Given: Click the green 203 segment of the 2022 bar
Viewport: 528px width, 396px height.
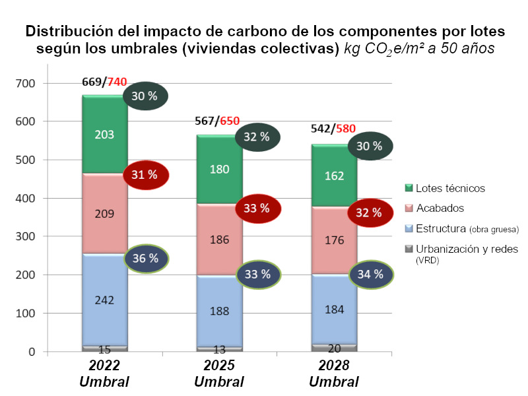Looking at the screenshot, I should pyautogui.click(x=104, y=135).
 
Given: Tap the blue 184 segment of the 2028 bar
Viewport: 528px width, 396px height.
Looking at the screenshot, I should pyautogui.click(x=334, y=308).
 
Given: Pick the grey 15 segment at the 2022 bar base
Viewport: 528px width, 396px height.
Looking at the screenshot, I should pyautogui.click(x=104, y=348).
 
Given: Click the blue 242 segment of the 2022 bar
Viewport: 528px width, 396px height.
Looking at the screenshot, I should pyautogui.click(x=104, y=300).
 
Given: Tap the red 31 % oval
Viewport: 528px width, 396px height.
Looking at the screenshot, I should pyautogui.click(x=147, y=175).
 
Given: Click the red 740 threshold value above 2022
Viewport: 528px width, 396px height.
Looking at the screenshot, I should pyautogui.click(x=117, y=82).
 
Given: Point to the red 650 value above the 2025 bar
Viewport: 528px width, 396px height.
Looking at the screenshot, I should pyautogui.click(x=230, y=121).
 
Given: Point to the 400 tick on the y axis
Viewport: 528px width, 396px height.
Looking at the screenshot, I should pyautogui.click(x=30, y=198).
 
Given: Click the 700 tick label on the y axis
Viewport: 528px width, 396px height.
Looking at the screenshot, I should pyautogui.click(x=30, y=84).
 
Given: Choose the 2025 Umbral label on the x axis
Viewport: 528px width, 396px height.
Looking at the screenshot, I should pyautogui.click(x=219, y=374).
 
